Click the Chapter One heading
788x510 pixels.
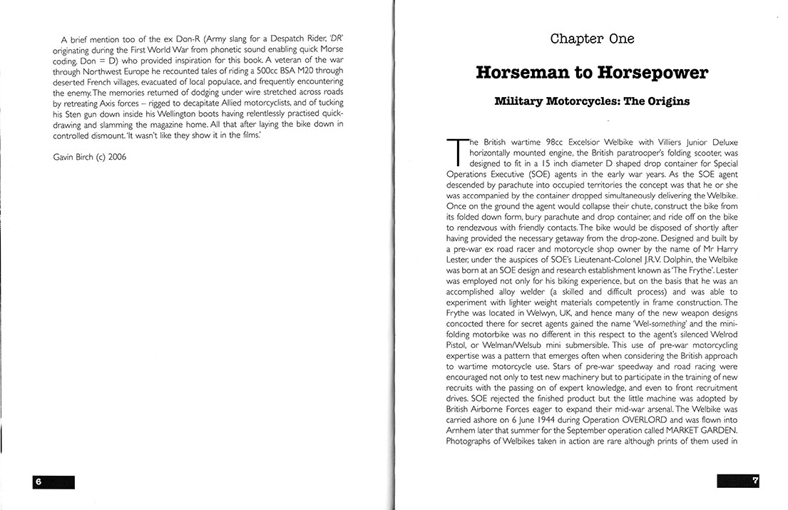point(592,39)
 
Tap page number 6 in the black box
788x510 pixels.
point(39,481)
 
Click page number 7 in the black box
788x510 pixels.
point(754,481)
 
